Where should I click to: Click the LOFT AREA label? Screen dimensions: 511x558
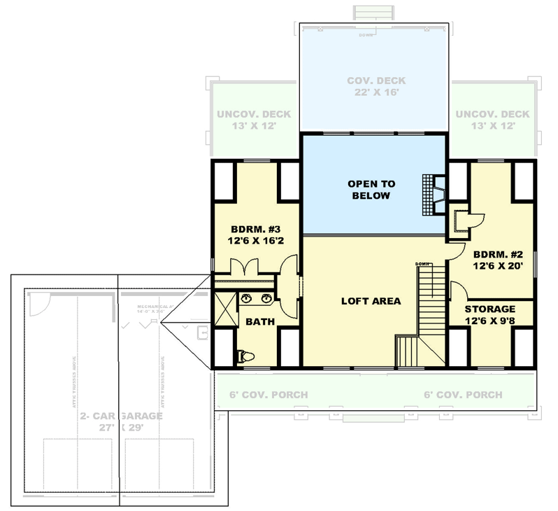click(371, 301)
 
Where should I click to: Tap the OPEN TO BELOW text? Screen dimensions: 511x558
click(371, 190)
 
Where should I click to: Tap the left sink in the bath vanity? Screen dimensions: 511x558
click(248, 300)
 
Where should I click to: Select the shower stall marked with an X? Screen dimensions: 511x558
click(224, 305)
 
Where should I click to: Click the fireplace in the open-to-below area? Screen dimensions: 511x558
click(434, 193)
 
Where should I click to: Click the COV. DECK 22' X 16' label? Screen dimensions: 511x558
click(376, 86)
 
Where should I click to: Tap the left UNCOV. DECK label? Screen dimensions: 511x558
click(253, 120)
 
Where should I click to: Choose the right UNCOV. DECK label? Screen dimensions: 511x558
click(492, 120)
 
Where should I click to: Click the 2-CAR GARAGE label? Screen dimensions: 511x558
click(120, 421)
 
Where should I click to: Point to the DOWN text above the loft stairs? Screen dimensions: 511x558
click(422, 263)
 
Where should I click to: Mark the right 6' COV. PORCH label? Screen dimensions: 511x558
click(463, 395)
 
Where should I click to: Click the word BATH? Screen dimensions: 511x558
click(259, 322)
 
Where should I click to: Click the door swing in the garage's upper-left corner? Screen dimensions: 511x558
click(40, 304)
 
